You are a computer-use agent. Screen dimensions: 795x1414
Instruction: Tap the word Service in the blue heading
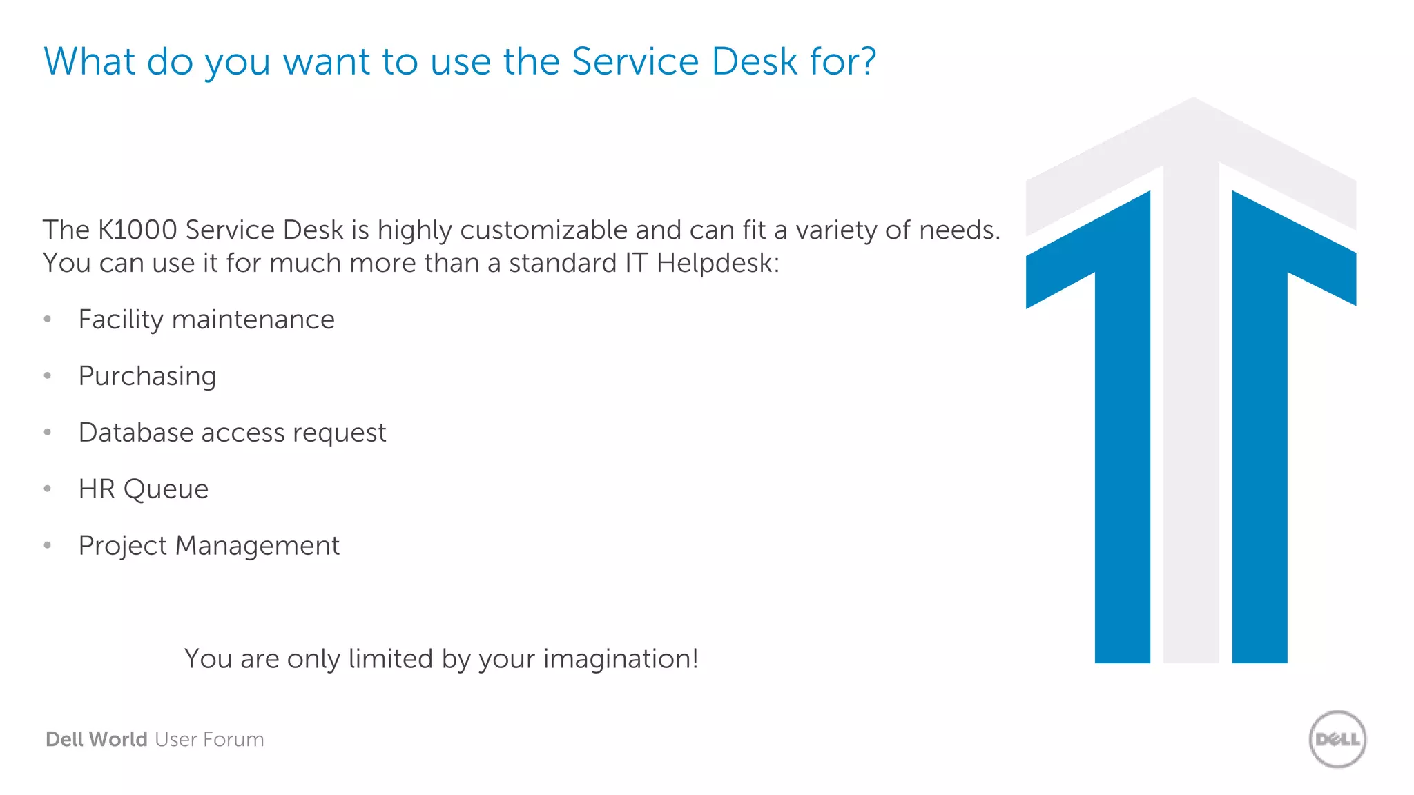click(x=635, y=61)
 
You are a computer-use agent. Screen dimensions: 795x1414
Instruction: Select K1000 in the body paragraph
click(x=137, y=230)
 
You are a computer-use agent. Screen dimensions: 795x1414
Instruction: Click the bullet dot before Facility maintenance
click(x=48, y=319)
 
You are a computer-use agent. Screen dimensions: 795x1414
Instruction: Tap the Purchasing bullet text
click(x=147, y=377)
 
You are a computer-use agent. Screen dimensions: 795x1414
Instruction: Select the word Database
click(x=136, y=433)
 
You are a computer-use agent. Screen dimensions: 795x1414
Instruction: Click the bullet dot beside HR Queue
click(x=48, y=489)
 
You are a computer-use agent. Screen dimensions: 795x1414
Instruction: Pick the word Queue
click(x=166, y=489)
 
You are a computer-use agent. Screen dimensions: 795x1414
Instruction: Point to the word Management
click(x=257, y=546)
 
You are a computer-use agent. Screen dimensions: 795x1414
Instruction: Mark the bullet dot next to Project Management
click(x=48, y=545)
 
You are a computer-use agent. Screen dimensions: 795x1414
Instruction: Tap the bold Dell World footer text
click(x=96, y=739)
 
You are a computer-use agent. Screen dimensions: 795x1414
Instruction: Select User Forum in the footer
click(x=209, y=739)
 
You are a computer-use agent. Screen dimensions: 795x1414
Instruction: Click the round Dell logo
click(x=1337, y=739)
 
